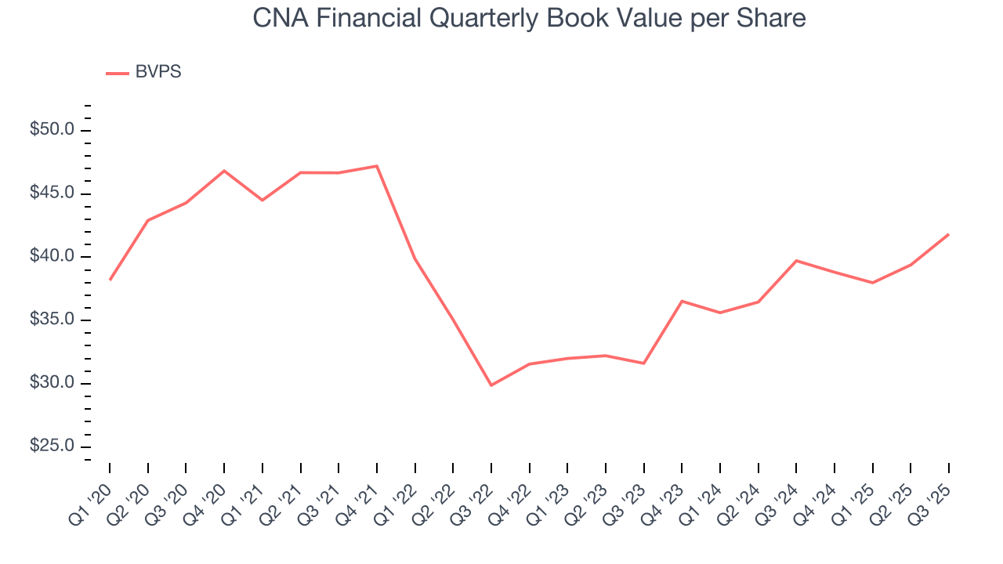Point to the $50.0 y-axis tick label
pos(52,130)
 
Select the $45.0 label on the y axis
pos(52,193)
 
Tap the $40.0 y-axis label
pos(52,257)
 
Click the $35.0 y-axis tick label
pos(52,320)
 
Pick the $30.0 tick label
pos(52,383)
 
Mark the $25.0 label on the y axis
pos(52,446)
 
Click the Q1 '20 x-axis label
pos(93,494)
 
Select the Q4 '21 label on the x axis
pos(361,494)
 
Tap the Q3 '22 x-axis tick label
pos(476,494)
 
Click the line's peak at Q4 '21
pos(377,166)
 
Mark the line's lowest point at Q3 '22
pos(491,385)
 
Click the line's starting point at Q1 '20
pos(110,280)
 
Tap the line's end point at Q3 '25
pos(949,234)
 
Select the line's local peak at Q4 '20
pos(224,171)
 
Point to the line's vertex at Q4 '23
pos(682,301)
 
